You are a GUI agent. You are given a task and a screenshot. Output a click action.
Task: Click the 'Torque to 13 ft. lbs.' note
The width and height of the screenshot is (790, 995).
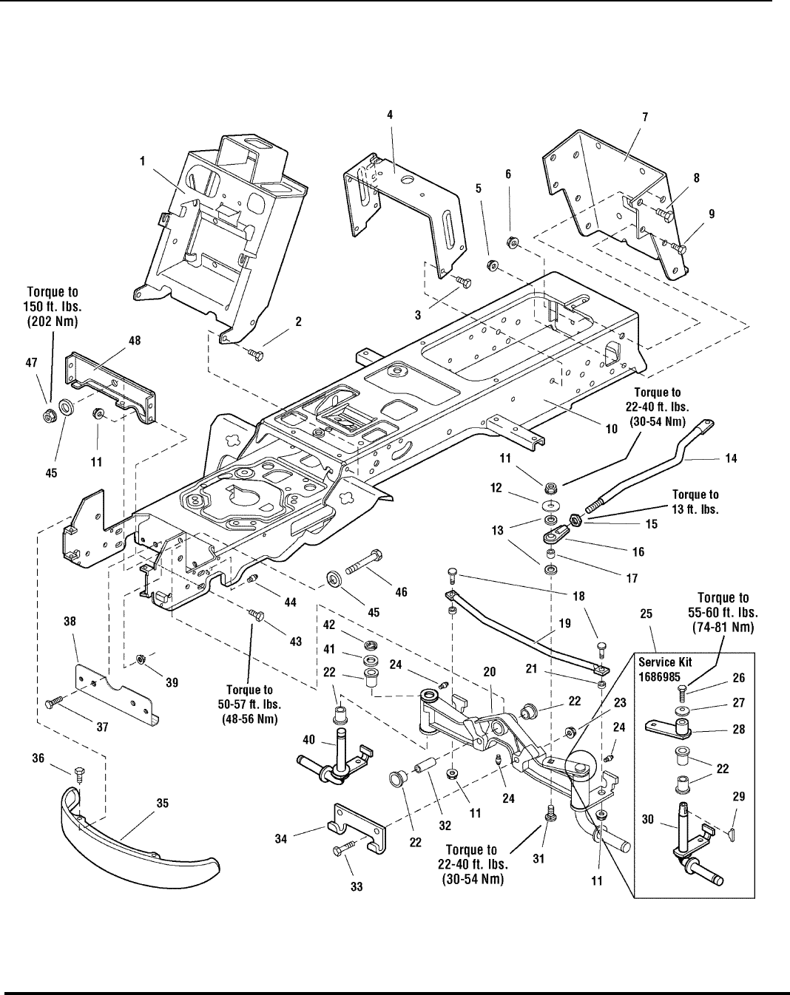click(x=695, y=501)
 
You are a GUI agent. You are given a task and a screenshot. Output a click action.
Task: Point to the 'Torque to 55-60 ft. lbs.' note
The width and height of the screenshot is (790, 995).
click(x=723, y=611)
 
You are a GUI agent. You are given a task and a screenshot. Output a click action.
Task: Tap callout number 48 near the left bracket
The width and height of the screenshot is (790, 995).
click(x=135, y=342)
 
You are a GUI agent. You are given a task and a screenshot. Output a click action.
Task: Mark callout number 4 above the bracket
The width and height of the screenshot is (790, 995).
click(x=389, y=115)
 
